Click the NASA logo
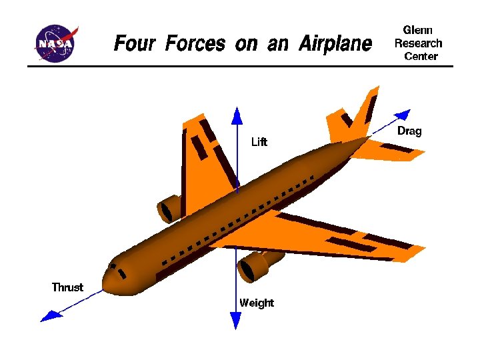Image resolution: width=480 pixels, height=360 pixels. tap(57, 43)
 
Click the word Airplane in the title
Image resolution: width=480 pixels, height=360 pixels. tap(335, 45)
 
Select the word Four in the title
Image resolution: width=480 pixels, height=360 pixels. tap(136, 44)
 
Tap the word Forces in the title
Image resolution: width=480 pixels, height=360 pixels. tap(195, 44)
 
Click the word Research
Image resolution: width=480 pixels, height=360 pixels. tap(419, 43)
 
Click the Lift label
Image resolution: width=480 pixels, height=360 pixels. tap(259, 142)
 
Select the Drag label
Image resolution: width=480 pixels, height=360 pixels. tap(409, 131)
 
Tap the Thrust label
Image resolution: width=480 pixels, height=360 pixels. tap(67, 287)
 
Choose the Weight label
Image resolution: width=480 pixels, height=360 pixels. tap(257, 303)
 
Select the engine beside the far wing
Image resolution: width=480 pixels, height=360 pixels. tap(171, 209)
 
